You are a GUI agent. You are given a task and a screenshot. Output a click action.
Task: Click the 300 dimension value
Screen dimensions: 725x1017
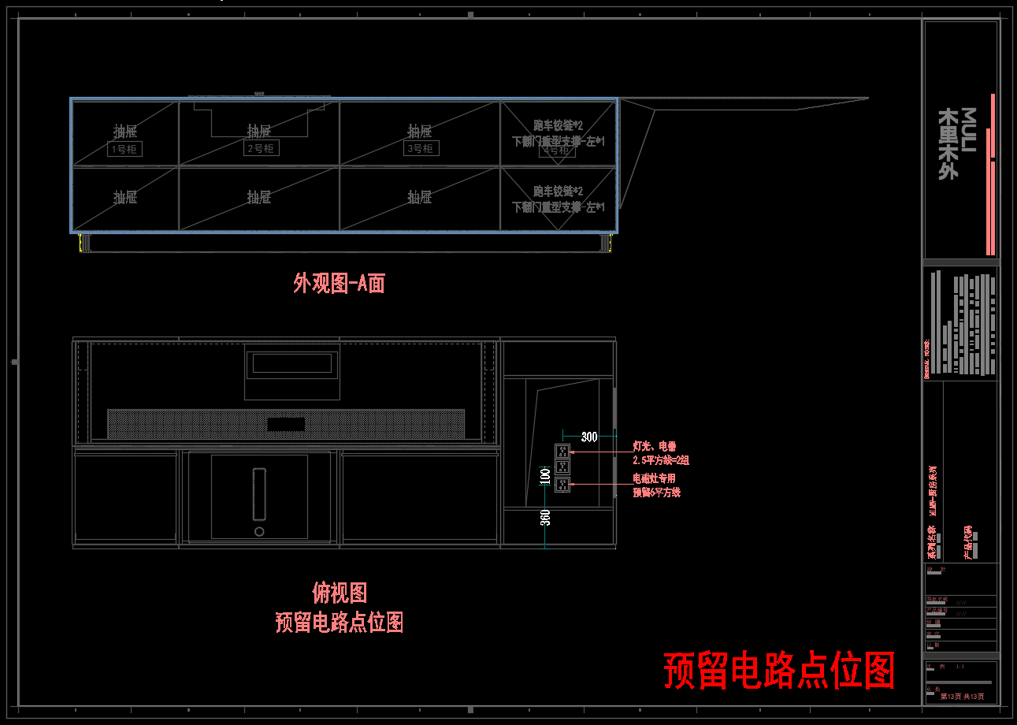click(x=589, y=437)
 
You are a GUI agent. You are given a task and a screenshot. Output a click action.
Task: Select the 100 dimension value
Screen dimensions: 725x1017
click(x=544, y=477)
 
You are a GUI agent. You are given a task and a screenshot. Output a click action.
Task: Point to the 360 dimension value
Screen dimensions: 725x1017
click(x=544, y=517)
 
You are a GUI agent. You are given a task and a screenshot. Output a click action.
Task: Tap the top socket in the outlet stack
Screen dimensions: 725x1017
click(x=562, y=452)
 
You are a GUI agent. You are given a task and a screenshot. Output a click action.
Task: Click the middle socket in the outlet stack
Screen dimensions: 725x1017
click(x=562, y=467)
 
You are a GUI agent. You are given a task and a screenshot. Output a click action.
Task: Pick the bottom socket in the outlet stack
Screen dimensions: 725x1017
click(x=562, y=485)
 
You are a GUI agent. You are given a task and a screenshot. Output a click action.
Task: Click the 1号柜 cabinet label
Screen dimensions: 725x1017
click(x=125, y=149)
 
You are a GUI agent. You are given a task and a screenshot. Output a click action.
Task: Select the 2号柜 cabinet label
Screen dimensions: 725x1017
click(x=261, y=148)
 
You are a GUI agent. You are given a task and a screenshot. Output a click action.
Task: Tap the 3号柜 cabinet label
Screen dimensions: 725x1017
click(x=421, y=148)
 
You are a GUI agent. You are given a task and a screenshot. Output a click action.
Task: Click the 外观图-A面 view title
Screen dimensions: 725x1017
click(x=339, y=284)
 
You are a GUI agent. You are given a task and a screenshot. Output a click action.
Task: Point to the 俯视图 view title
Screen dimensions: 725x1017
click(x=340, y=593)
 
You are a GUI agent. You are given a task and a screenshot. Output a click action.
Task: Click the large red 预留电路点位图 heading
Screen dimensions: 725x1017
click(x=779, y=671)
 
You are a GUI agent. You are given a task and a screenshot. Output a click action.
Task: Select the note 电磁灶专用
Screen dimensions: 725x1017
click(x=654, y=478)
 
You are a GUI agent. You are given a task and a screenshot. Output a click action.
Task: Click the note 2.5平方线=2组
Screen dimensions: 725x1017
click(x=661, y=460)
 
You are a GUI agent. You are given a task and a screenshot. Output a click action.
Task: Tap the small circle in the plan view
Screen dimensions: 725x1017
click(x=259, y=532)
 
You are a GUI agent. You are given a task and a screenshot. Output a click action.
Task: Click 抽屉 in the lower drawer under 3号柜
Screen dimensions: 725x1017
click(x=420, y=197)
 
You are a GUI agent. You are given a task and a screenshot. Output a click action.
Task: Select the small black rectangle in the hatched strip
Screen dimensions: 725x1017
click(x=285, y=424)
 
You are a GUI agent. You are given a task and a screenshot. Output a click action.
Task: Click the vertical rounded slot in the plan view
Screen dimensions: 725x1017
click(x=259, y=494)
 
